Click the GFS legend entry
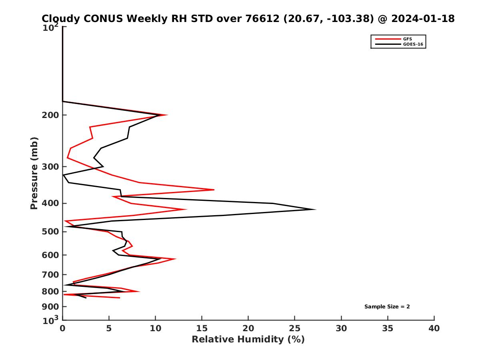click(x=408, y=39)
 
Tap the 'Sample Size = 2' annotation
click(x=387, y=307)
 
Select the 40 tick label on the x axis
click(x=434, y=328)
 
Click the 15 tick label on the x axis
click(x=202, y=328)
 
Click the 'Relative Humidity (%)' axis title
click(x=248, y=340)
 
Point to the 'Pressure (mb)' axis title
click(x=34, y=173)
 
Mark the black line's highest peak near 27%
click(x=315, y=209)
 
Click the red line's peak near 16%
click(x=214, y=190)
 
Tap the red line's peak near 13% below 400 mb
click(x=186, y=209)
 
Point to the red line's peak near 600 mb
click(x=175, y=259)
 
